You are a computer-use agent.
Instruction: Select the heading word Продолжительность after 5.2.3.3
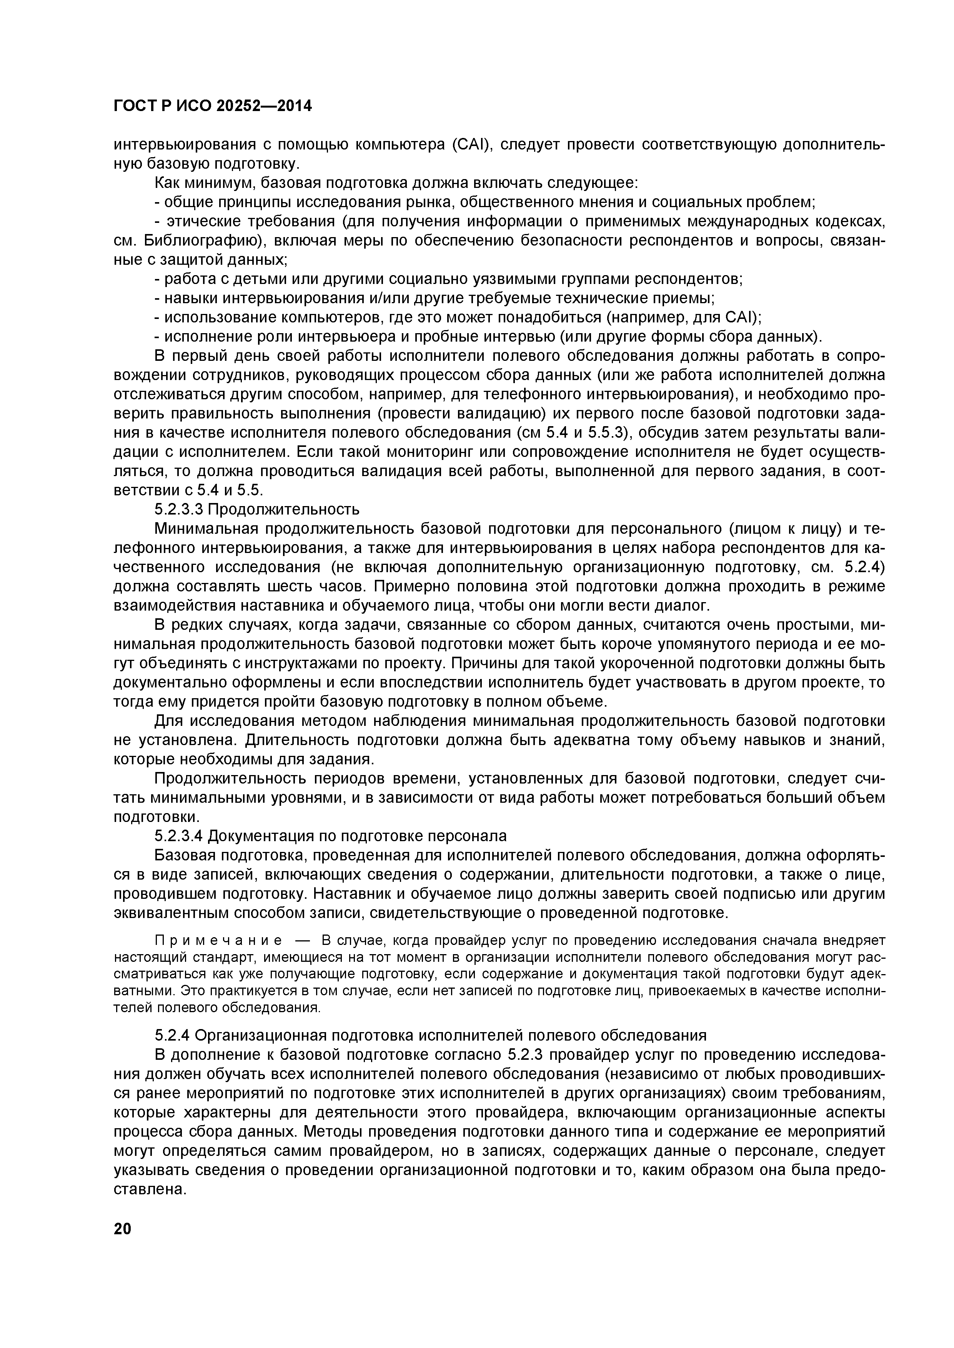coord(284,508)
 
